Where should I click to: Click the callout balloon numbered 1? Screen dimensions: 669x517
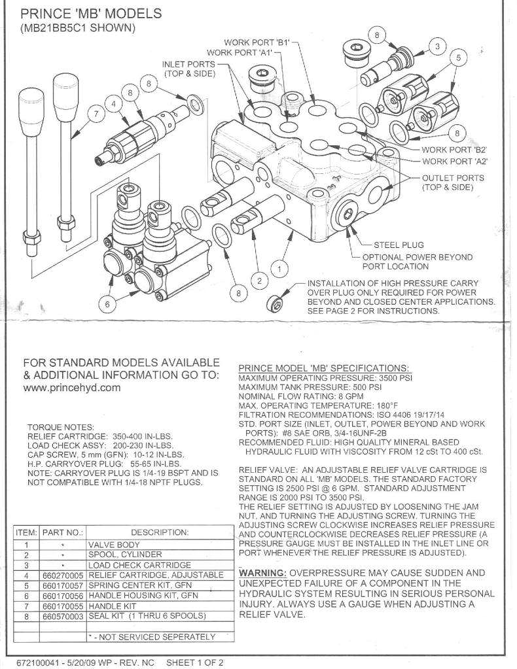click(x=280, y=268)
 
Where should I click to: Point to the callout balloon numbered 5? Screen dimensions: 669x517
click(x=459, y=58)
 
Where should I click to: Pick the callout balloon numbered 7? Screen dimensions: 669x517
click(x=97, y=113)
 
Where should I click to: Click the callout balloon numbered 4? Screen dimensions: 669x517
click(x=115, y=103)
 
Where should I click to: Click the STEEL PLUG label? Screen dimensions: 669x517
click(x=399, y=245)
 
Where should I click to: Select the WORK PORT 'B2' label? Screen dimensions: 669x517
click(x=454, y=150)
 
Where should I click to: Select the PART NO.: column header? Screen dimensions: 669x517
click(x=63, y=533)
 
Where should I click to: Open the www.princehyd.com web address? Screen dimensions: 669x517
click(x=72, y=387)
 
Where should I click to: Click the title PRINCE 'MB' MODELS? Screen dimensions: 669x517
click(x=92, y=13)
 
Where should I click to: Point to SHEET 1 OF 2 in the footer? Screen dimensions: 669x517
click(x=194, y=662)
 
